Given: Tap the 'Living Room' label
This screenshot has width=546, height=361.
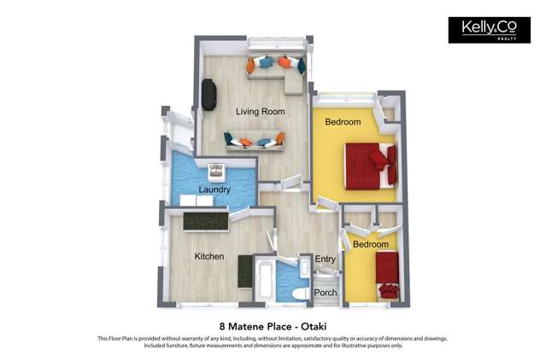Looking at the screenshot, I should click(261, 112).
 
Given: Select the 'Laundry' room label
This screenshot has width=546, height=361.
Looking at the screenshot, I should click(214, 189).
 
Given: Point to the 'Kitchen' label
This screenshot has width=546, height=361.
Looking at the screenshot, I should click(208, 256).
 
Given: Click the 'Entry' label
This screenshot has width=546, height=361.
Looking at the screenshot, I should click(325, 259).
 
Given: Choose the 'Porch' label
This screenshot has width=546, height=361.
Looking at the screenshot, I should click(326, 293).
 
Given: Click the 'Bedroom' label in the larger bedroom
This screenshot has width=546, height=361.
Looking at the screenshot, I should click(343, 122).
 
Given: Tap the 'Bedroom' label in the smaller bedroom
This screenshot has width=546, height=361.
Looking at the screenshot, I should click(371, 244).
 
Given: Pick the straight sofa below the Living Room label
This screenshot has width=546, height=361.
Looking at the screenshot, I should click(254, 140).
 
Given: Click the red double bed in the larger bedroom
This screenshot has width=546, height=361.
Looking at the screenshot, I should click(369, 165).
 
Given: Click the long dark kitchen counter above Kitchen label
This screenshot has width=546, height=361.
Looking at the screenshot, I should click(207, 221).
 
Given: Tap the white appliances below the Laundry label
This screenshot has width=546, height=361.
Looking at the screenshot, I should click(195, 201).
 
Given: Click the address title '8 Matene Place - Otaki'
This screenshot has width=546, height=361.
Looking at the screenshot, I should click(273, 326).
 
